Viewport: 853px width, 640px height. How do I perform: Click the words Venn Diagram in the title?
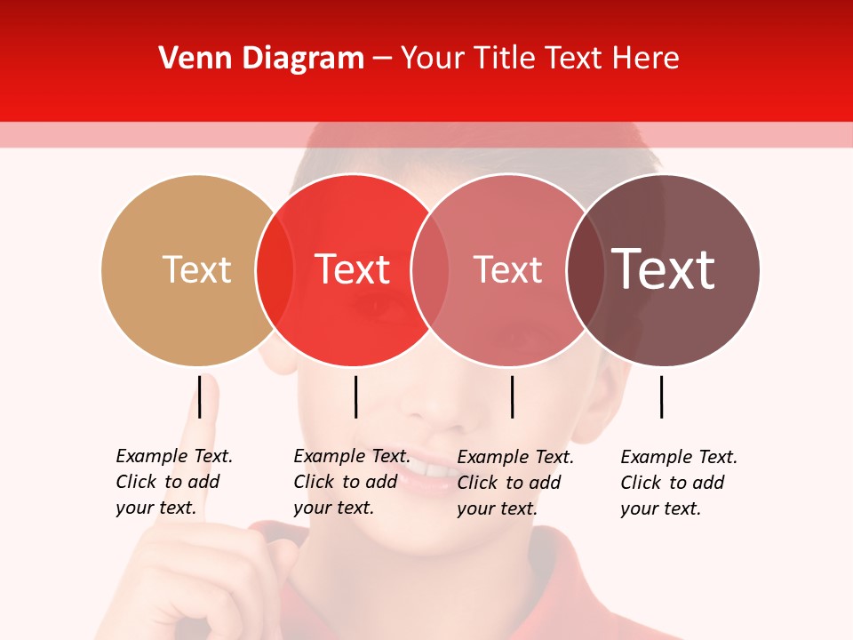tap(261, 59)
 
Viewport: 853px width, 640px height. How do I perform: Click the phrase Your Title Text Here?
tap(539, 59)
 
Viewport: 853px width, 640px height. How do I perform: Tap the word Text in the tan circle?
tap(196, 269)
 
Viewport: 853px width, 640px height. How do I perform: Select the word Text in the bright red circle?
tap(353, 269)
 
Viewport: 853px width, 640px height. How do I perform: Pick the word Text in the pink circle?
tap(507, 269)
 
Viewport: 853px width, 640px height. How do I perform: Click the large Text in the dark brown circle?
tap(664, 269)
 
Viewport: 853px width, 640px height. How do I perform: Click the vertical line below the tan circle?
tap(200, 396)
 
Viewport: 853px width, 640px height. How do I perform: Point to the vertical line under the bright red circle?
tap(355, 396)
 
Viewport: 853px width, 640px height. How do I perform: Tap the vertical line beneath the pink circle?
tap(512, 396)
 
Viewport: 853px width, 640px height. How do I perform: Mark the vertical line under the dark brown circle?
tap(661, 396)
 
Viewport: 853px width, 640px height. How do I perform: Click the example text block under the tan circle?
tap(174, 482)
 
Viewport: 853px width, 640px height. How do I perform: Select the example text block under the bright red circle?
tap(352, 482)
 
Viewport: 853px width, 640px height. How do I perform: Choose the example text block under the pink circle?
tap(515, 483)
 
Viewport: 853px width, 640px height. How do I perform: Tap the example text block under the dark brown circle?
tap(679, 483)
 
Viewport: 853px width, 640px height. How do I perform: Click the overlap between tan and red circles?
tap(275, 269)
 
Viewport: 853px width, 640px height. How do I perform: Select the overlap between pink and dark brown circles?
tap(584, 269)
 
